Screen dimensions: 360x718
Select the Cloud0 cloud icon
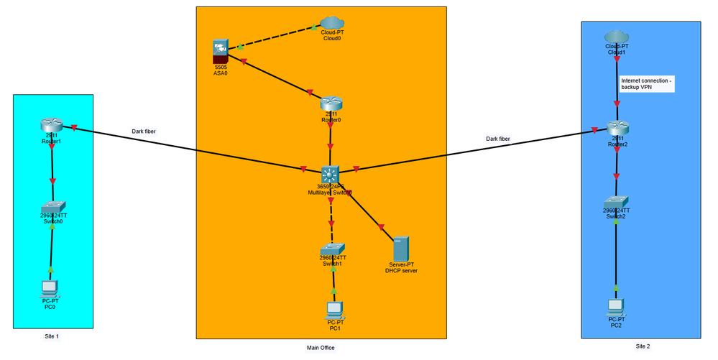click(x=331, y=24)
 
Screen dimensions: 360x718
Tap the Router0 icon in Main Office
click(x=331, y=105)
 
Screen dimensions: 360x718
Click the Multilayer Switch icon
click(x=331, y=175)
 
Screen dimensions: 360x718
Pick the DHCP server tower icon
click(x=400, y=249)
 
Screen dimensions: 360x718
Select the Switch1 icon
click(x=332, y=249)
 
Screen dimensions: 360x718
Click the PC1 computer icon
click(x=333, y=310)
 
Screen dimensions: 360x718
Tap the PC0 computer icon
click(x=50, y=288)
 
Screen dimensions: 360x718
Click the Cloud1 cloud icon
click(x=616, y=37)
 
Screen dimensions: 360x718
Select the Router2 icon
click(x=617, y=129)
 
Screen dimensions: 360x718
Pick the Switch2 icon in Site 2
click(x=616, y=202)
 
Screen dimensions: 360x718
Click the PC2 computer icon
click(x=616, y=307)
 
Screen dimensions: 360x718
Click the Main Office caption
click(x=320, y=348)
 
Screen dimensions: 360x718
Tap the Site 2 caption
click(x=642, y=346)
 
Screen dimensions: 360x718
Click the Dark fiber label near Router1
click(x=144, y=131)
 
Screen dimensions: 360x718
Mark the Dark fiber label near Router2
click(x=498, y=138)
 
